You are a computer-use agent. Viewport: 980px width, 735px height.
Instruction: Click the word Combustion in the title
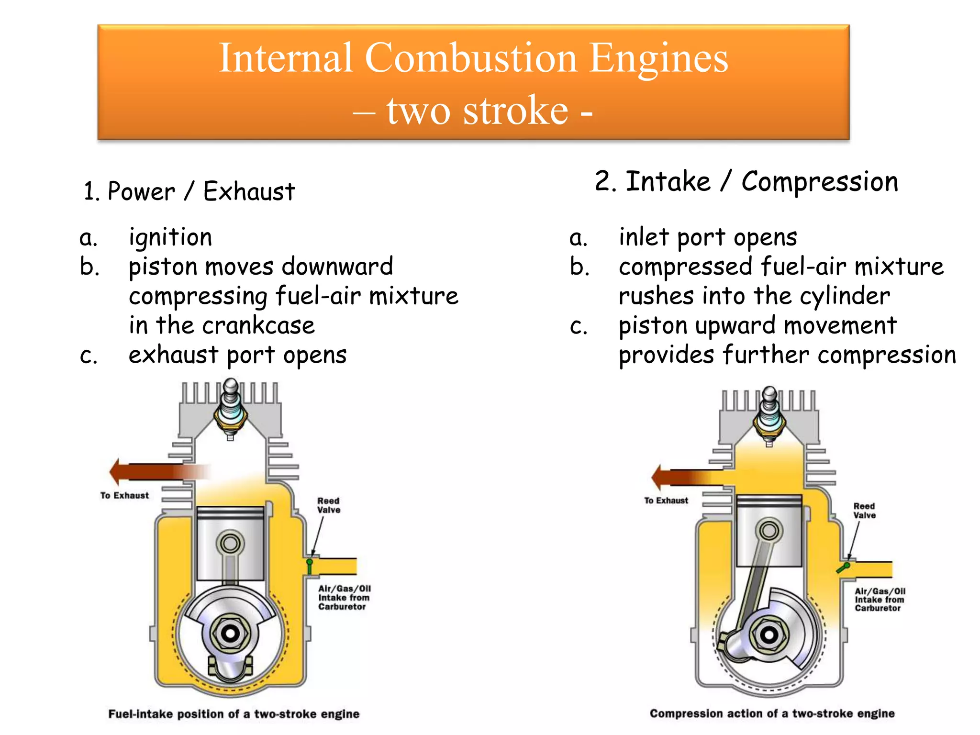(471, 58)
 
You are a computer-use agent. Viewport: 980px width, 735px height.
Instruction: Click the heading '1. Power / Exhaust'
(189, 191)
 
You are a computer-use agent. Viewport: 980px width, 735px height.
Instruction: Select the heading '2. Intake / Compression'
(746, 182)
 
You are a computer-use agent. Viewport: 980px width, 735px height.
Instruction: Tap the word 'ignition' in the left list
(170, 237)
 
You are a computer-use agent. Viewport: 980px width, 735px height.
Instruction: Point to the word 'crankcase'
(258, 326)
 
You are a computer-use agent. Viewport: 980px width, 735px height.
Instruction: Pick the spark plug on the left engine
(231, 409)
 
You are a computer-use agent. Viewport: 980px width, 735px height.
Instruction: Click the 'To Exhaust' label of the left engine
(124, 496)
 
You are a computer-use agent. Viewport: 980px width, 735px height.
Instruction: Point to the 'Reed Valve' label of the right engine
(864, 511)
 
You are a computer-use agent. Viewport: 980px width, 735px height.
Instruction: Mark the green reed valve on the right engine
(843, 568)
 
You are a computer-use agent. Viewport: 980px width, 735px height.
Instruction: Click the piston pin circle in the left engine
(230, 544)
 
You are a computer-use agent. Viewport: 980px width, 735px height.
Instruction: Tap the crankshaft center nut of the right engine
(769, 635)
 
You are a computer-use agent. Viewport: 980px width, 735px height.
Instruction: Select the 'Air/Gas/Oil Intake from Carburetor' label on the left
(344, 598)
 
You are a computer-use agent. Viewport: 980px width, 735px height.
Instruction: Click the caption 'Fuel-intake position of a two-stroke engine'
(234, 714)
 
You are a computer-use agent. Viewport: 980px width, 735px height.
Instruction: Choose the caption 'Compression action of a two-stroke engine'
(772, 713)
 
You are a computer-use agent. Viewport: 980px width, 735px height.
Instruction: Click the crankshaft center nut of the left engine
(230, 633)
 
